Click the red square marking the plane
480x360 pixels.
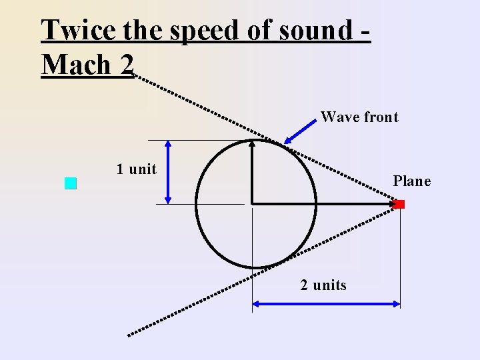(399, 204)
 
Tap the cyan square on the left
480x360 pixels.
(71, 184)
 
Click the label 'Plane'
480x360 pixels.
(411, 181)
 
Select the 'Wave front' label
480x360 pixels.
(359, 117)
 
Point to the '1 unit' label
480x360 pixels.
(136, 169)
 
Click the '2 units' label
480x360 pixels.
(323, 285)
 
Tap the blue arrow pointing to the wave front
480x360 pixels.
(299, 130)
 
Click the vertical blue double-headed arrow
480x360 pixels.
(167, 171)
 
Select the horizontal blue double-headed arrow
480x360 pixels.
(326, 304)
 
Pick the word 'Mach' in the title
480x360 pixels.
(75, 65)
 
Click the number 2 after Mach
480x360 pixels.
(127, 65)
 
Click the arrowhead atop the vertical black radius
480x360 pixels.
(252, 143)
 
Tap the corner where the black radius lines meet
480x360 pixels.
(252, 202)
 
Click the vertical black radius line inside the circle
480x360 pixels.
(252, 173)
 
